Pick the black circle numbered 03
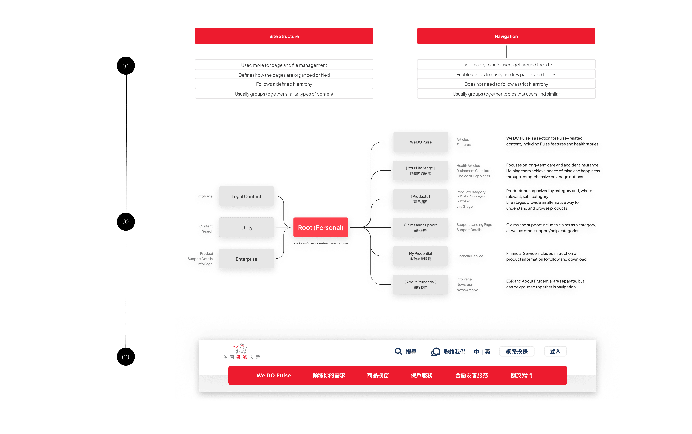(x=126, y=357)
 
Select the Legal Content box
(x=246, y=196)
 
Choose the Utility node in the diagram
(x=246, y=228)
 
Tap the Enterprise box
(x=246, y=259)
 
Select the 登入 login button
(x=555, y=351)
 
